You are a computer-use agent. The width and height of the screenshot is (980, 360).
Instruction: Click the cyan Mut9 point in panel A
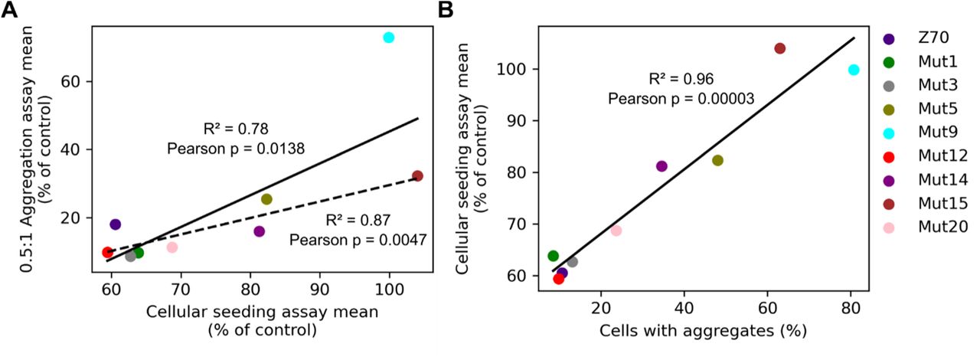(389, 38)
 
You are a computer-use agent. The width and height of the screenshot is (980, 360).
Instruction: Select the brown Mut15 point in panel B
(779, 48)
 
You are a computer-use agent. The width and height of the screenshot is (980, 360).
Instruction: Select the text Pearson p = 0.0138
(236, 148)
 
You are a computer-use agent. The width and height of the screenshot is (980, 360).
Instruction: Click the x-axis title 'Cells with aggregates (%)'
(704, 332)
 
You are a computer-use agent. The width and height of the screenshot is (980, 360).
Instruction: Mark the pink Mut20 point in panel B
(616, 231)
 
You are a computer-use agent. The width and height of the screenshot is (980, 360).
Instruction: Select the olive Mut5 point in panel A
(266, 199)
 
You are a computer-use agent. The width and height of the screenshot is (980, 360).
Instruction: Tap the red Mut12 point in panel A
(107, 252)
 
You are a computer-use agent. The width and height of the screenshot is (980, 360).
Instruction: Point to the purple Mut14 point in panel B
(661, 166)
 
